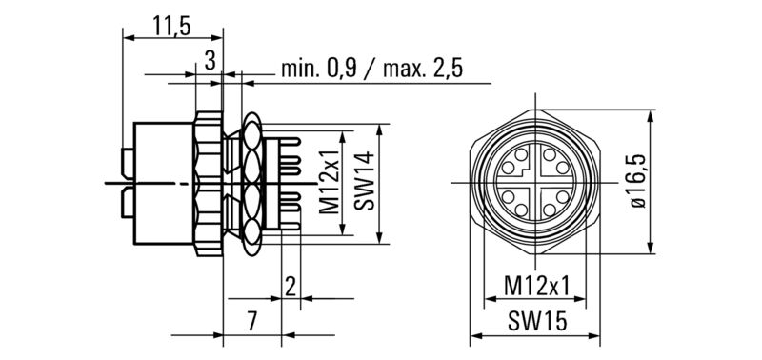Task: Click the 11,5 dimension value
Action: coord(172,27)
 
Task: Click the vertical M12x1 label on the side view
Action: coord(330,182)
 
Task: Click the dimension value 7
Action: coord(251,322)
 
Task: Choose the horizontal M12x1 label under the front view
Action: coord(537,286)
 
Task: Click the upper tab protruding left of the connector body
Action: coord(125,156)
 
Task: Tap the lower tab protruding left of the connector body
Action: coord(125,203)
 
